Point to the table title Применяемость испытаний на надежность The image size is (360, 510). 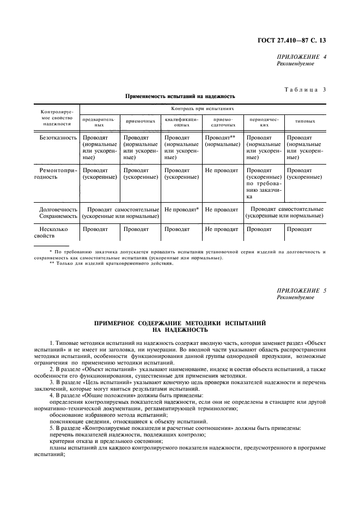180,96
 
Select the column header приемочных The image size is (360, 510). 142,122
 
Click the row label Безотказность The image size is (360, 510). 58,138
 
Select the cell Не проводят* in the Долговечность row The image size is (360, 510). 182,209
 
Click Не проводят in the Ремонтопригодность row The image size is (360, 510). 222,170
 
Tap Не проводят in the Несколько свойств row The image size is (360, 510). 222,229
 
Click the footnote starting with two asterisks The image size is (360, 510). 111,263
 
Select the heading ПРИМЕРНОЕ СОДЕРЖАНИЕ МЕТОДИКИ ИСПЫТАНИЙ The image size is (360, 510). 180,323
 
